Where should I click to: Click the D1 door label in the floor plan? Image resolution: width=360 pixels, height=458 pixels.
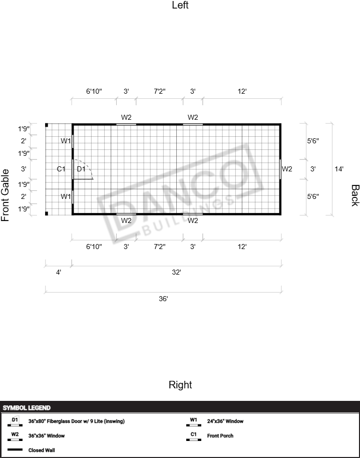(81, 169)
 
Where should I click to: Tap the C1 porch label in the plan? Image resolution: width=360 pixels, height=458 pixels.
(61, 169)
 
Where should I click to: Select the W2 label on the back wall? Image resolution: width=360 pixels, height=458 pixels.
(287, 169)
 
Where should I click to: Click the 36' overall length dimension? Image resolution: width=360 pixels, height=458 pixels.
(163, 299)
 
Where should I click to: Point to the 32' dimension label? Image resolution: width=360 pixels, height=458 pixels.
(176, 272)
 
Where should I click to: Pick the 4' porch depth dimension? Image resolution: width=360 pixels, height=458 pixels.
(59, 272)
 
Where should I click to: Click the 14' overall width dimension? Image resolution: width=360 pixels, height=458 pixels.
(339, 169)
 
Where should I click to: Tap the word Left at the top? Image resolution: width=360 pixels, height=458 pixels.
(180, 5)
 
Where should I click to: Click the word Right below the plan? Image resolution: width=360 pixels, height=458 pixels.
(180, 385)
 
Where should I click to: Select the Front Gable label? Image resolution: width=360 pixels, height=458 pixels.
(5, 195)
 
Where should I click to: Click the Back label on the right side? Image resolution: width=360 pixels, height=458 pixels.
(355, 195)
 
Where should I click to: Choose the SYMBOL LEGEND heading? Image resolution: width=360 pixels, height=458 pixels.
(27, 408)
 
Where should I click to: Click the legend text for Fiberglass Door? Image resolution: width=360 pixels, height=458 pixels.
(77, 421)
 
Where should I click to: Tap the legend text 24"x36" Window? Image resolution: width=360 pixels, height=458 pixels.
(225, 421)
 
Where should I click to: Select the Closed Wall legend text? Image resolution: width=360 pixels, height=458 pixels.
(42, 450)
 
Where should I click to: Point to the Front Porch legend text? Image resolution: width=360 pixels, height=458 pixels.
(220, 436)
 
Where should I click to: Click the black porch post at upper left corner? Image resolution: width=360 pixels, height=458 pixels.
(47, 125)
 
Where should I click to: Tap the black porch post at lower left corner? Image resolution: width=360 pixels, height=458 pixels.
(47, 213)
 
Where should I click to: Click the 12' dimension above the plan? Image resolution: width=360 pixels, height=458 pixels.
(242, 91)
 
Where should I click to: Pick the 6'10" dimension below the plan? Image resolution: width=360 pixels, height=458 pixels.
(94, 247)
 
